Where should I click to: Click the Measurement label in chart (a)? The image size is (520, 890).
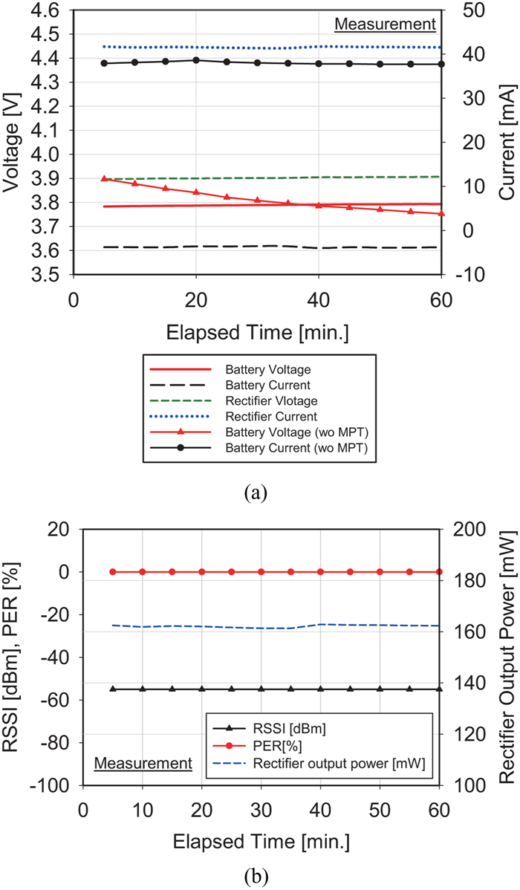(385, 25)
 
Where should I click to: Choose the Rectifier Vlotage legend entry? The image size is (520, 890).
(233, 400)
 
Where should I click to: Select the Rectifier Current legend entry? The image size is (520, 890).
(233, 417)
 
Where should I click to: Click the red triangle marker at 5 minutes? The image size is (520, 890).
(104, 178)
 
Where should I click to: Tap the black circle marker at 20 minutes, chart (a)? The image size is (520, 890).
(196, 59)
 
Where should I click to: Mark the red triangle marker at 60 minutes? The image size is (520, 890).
(441, 213)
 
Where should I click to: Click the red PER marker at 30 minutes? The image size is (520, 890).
(261, 571)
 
